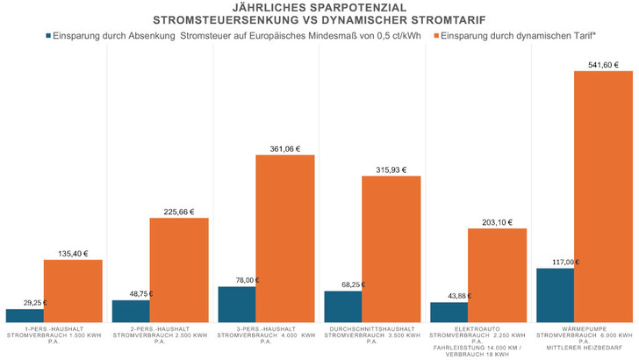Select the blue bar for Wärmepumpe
(x=555, y=297)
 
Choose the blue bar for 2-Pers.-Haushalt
(x=131, y=313)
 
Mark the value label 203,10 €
(x=497, y=222)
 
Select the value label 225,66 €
(x=179, y=212)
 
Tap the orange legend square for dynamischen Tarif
(x=434, y=36)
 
